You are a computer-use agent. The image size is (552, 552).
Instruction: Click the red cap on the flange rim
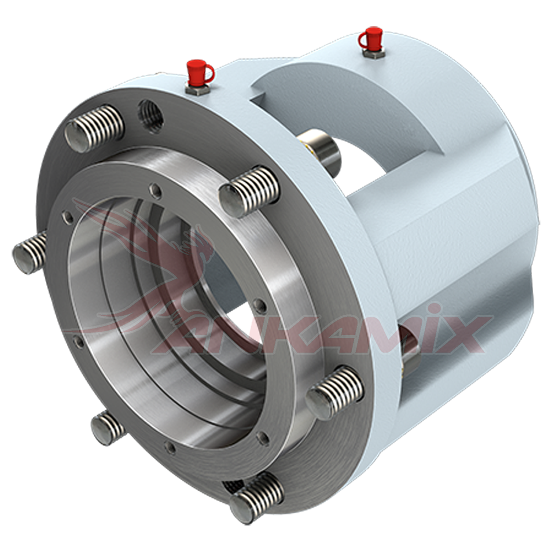pyautogui.click(x=200, y=72)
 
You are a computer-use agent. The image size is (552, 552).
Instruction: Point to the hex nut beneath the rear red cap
pyautogui.click(x=373, y=54)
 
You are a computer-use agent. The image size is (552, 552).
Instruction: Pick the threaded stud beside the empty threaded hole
pyautogui.click(x=94, y=129)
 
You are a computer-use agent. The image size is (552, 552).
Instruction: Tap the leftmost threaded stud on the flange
pyautogui.click(x=30, y=252)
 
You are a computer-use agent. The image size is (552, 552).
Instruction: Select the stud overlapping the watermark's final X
pyautogui.click(x=335, y=392)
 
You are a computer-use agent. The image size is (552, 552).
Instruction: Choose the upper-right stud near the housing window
pyautogui.click(x=249, y=192)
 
